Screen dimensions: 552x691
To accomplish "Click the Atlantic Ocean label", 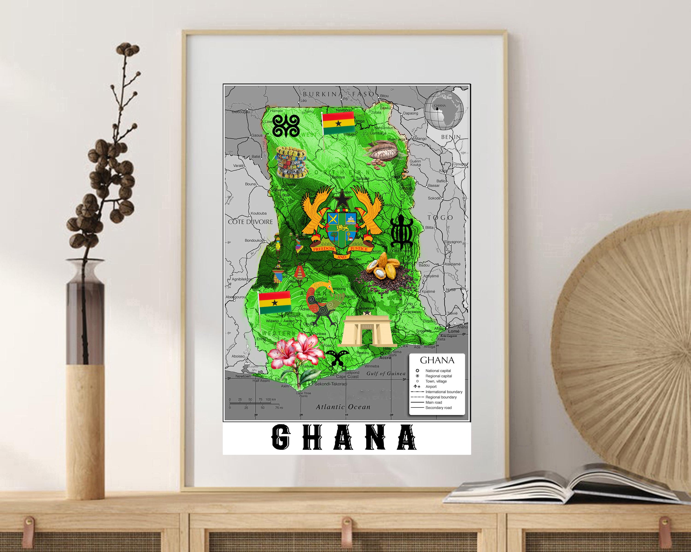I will [x=343, y=407].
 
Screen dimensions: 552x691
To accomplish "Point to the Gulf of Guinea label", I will [x=386, y=373].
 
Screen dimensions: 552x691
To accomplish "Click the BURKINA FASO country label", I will [x=338, y=94].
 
